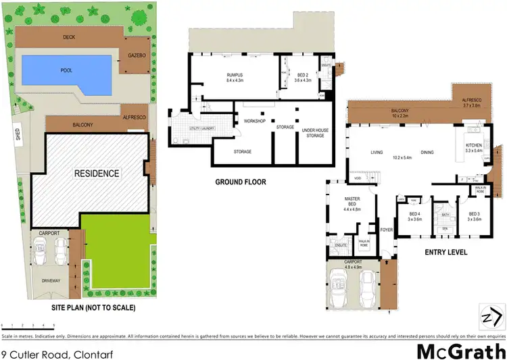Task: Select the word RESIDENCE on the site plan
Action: tap(97, 174)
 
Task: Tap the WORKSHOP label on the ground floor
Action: tap(246, 121)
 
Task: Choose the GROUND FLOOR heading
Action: tap(240, 182)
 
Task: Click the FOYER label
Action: tap(386, 229)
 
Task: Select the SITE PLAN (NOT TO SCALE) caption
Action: tap(94, 307)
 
